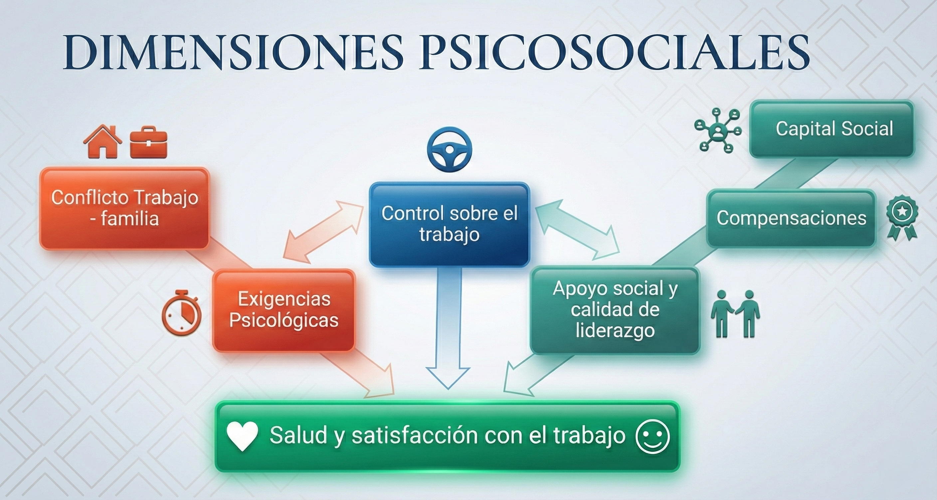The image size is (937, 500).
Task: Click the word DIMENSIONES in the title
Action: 233,53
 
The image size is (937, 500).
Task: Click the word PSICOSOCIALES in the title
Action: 615,53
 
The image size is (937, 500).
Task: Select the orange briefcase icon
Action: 148,142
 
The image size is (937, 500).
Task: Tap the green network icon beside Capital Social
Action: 717,130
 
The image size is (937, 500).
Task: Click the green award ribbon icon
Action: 902,217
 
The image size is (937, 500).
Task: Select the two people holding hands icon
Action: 735,314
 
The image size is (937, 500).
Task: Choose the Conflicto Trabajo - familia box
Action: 124,208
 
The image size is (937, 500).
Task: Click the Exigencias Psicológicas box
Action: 284,310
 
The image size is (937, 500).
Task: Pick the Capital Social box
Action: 832,129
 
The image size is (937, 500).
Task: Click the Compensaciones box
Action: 791,218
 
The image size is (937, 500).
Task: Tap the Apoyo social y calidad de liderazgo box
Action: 615,310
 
